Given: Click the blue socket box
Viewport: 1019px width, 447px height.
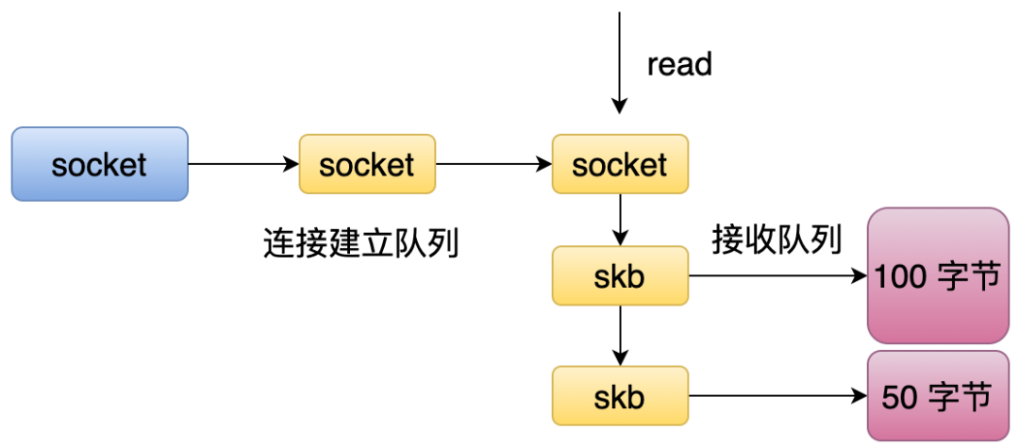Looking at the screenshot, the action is [x=100, y=164].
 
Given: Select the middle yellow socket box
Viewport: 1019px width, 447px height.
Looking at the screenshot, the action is [x=367, y=164].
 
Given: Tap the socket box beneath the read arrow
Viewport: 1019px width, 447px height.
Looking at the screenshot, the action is [x=620, y=164].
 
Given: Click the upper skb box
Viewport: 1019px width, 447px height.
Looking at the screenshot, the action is [x=620, y=275].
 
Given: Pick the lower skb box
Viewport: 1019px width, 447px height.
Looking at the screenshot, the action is [x=620, y=396].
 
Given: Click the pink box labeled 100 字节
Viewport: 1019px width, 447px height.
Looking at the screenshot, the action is [x=939, y=275].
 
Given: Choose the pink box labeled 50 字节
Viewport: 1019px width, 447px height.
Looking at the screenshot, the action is [x=939, y=396].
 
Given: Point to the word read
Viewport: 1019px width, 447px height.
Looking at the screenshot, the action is [x=679, y=64].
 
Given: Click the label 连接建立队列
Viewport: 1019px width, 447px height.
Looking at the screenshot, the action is [x=361, y=244].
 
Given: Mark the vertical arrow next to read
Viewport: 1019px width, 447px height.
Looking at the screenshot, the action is [x=620, y=63].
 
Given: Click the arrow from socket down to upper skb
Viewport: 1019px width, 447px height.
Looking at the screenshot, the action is [x=620, y=220].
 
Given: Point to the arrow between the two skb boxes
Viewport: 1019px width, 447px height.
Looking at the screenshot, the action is [x=620, y=336].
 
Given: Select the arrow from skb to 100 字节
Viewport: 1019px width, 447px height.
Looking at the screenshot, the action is [x=777, y=275].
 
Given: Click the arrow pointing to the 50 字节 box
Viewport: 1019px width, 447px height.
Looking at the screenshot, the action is [x=777, y=396].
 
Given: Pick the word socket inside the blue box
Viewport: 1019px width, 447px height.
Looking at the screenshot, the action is [x=99, y=165].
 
